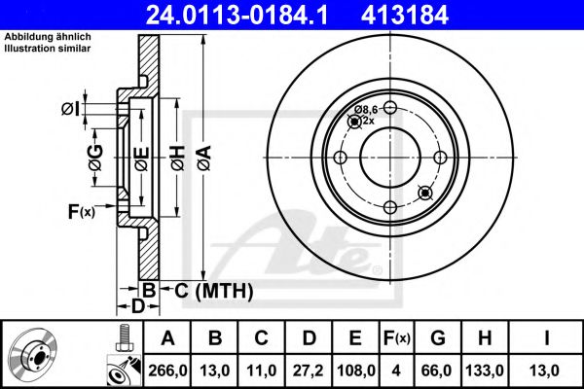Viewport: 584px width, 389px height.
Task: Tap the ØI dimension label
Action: coord(70,107)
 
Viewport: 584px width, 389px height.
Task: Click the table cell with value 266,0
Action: coord(167,370)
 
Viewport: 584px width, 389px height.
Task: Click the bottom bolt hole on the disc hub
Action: coord(389,207)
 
